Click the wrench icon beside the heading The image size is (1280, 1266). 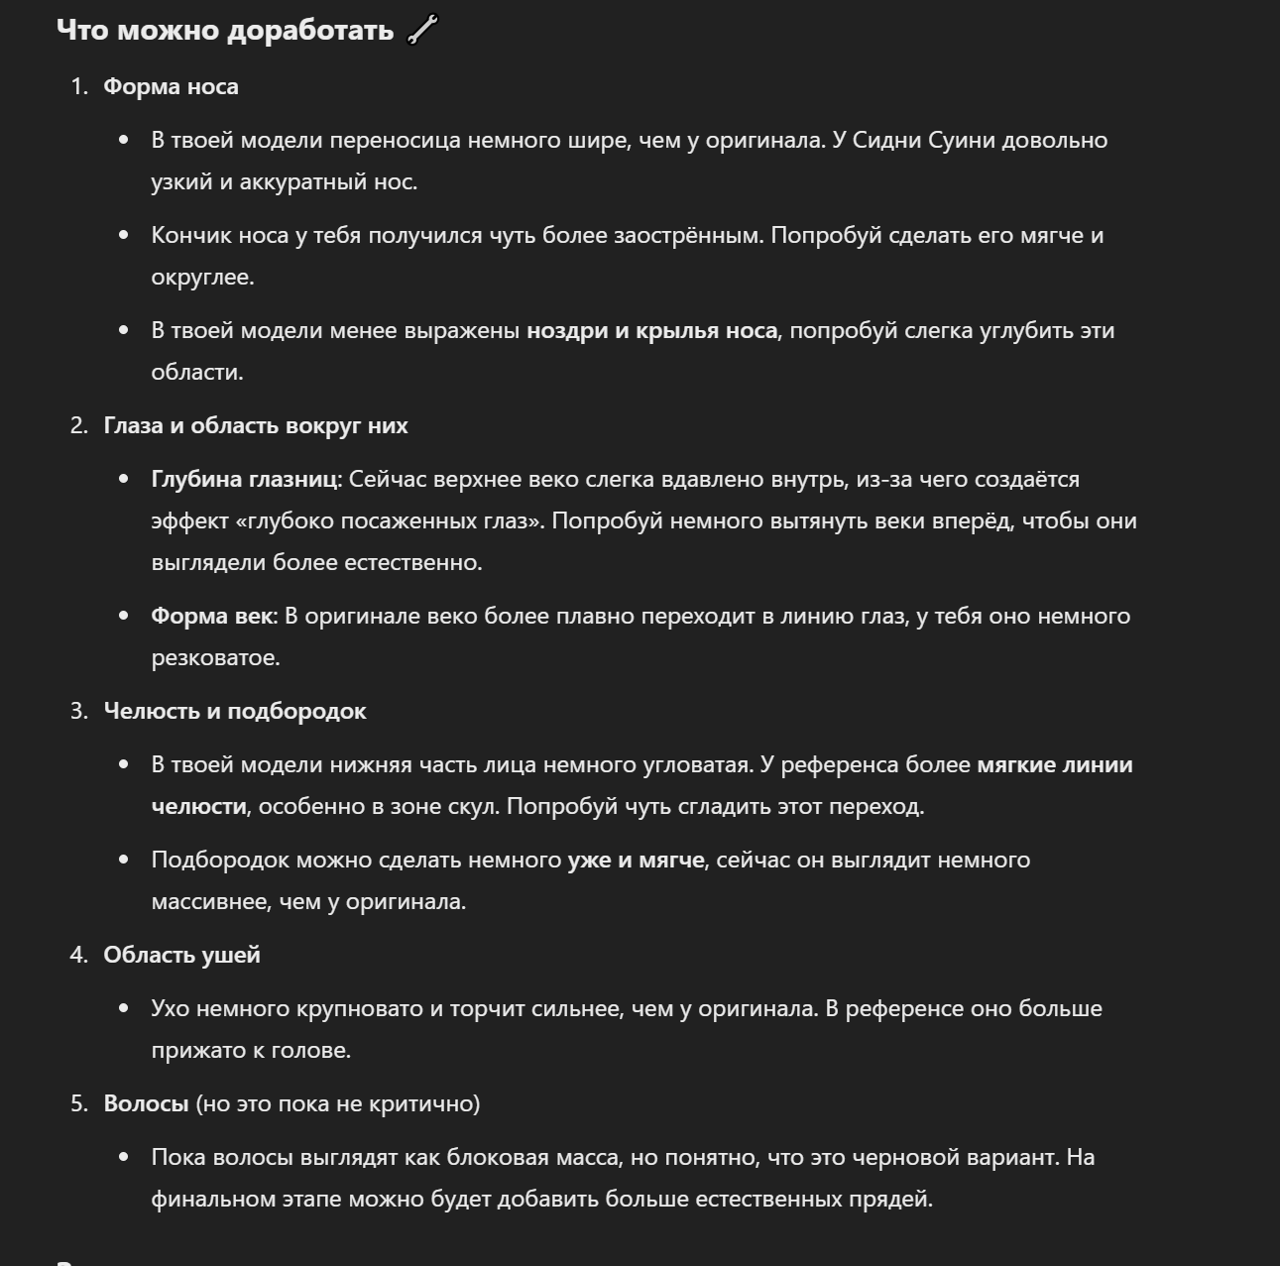tap(422, 31)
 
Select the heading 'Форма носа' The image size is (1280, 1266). tap(171, 86)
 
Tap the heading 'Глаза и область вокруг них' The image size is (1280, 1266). tap(256, 425)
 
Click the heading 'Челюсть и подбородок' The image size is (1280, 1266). tap(235, 711)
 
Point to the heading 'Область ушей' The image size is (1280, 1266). tap(182, 955)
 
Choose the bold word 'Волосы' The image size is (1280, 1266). tap(146, 1103)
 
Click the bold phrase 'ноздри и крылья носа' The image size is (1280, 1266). tap(651, 330)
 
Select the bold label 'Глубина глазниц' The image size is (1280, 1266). tap(244, 479)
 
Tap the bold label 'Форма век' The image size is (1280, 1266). tap(211, 616)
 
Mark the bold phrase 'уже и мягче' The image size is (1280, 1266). tap(636, 860)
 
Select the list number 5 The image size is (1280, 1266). tap(78, 1103)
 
